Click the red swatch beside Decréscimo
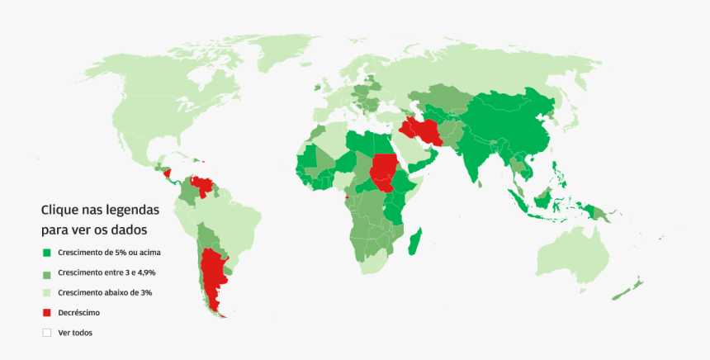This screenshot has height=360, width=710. click(x=47, y=313)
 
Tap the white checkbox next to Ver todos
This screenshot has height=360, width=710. click(x=47, y=333)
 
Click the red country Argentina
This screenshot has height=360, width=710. click(x=215, y=272)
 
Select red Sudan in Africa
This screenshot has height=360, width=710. click(x=383, y=169)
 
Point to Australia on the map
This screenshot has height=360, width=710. click(x=578, y=248)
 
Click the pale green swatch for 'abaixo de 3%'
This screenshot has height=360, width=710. click(x=47, y=292)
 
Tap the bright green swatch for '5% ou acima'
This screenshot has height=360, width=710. click(x=47, y=252)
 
